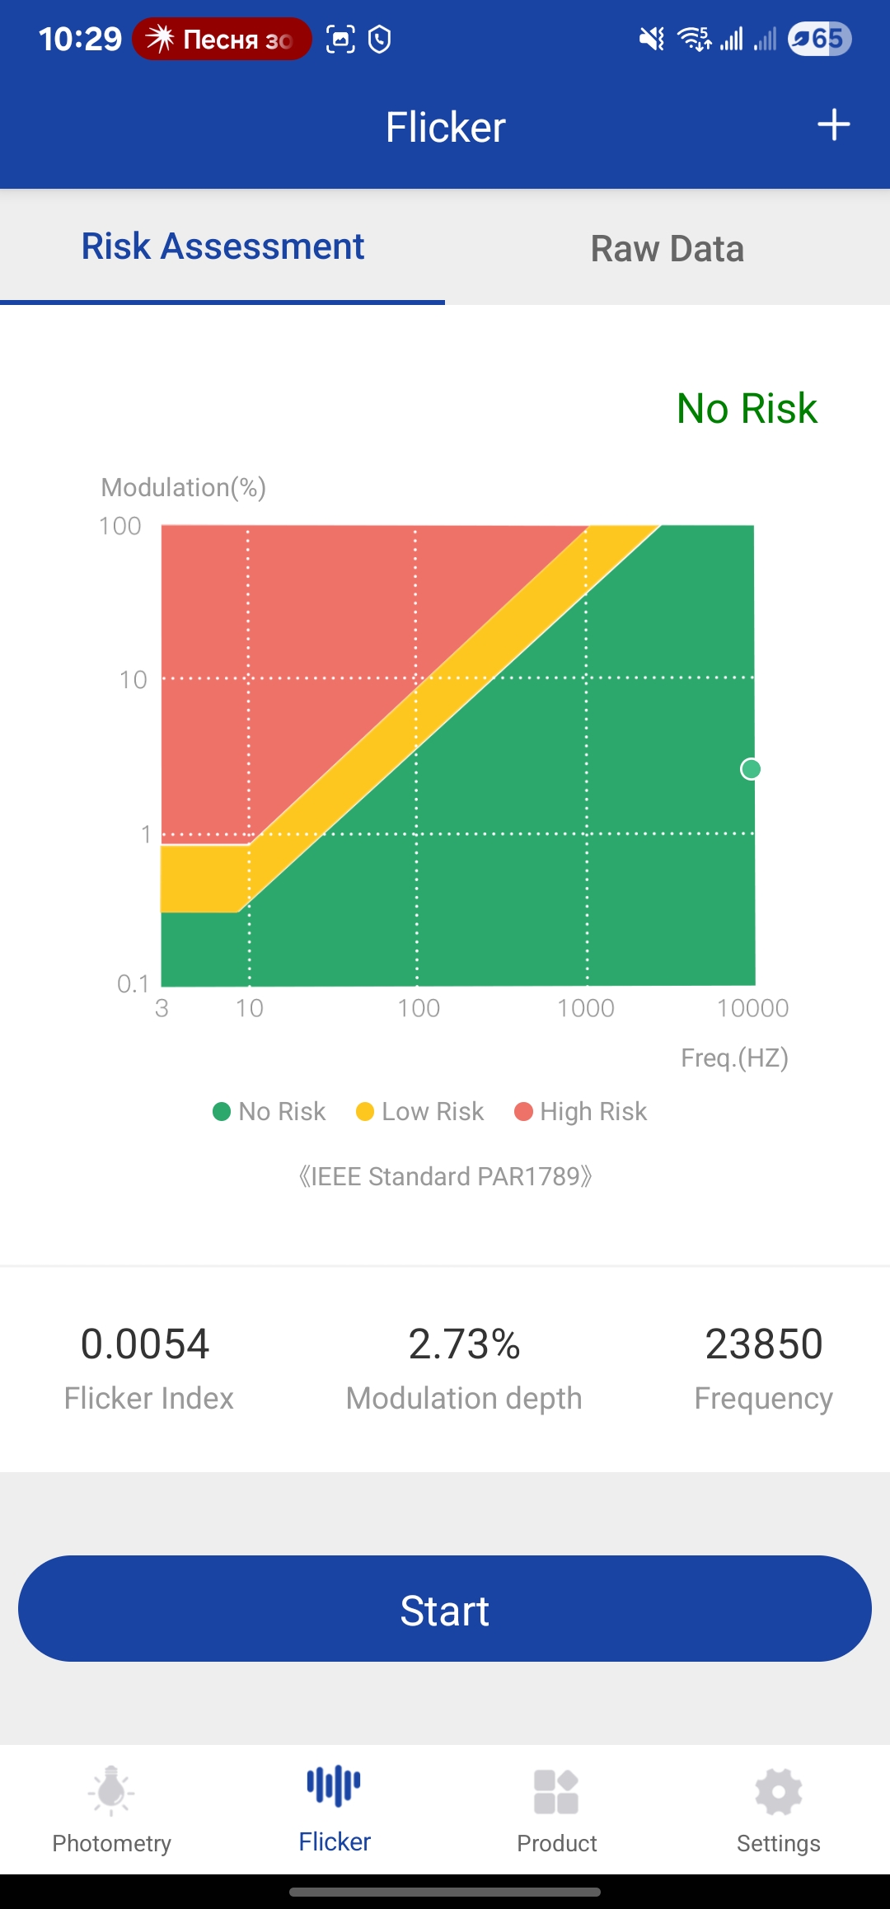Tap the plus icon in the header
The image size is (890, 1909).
point(833,125)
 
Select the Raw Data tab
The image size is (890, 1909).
point(667,249)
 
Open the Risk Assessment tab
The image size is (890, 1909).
point(222,246)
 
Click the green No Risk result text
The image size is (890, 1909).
point(747,409)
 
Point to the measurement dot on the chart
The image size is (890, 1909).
point(751,769)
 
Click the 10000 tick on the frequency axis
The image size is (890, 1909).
point(752,1008)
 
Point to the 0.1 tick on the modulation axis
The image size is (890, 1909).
point(133,983)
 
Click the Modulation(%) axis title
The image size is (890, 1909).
point(183,487)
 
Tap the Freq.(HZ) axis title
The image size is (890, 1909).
point(734,1058)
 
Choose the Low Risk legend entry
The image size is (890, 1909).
point(420,1112)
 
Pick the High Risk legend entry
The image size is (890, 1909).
point(581,1112)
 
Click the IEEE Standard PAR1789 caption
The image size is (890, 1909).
point(445,1176)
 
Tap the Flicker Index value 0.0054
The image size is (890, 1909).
point(145,1344)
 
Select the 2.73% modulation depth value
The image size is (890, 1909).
point(464,1344)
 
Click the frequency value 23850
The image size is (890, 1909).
point(763,1344)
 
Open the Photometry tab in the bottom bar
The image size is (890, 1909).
point(111,1809)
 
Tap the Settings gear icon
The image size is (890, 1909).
point(778,1793)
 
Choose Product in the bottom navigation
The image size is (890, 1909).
point(556,1809)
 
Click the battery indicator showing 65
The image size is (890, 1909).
point(819,39)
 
